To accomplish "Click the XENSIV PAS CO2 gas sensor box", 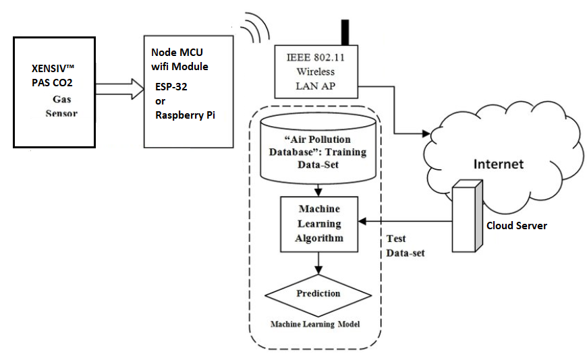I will click(55, 92).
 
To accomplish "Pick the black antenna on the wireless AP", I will click(345, 32).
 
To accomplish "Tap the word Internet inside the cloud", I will click(499, 164).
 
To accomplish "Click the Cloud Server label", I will click(517, 225).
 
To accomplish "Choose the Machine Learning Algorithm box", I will click(319, 223).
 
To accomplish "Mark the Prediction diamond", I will click(318, 295).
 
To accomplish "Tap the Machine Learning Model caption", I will click(315, 325).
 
